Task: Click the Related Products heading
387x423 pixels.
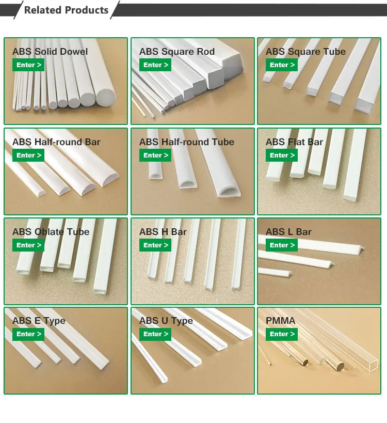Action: tap(66, 10)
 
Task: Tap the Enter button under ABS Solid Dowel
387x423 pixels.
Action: tap(28, 65)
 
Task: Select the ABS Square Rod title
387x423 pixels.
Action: tap(176, 52)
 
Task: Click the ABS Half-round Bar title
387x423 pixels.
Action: tap(56, 142)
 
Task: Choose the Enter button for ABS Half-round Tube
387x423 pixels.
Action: tap(155, 155)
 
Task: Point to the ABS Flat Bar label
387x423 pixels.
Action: tap(294, 142)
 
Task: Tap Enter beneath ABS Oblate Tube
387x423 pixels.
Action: tap(28, 245)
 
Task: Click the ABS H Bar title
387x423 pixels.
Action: tap(163, 232)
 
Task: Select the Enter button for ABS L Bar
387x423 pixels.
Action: tap(282, 245)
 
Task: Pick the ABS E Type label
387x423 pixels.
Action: tap(39, 321)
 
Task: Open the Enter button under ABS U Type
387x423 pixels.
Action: tap(155, 334)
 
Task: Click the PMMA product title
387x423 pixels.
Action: tap(280, 321)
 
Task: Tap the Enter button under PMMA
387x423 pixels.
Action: tap(282, 334)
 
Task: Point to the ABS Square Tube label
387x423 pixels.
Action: tap(305, 52)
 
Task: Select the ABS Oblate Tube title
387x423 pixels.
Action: tap(51, 232)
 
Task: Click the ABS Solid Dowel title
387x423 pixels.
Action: tap(50, 52)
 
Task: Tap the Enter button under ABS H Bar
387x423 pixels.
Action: tap(155, 245)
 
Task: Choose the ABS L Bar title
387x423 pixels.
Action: tap(288, 232)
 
